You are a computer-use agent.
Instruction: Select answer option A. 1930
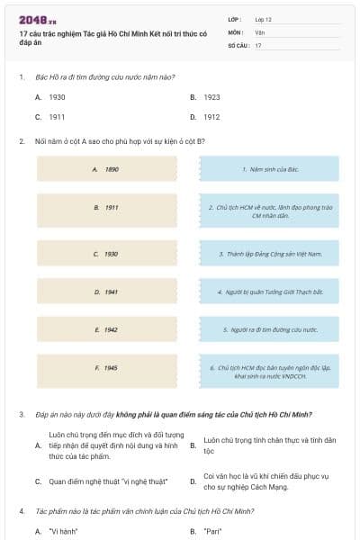coord(57,96)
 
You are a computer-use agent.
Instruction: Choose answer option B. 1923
coord(211,96)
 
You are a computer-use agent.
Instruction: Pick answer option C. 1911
coord(57,117)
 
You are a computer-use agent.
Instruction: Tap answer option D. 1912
coord(211,117)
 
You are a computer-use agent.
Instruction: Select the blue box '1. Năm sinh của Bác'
coord(269,169)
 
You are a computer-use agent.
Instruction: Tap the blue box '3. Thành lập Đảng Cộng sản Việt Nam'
coord(269,255)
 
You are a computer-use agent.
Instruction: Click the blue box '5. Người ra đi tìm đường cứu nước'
coord(269,330)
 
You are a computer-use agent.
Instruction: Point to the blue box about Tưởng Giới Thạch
coord(269,292)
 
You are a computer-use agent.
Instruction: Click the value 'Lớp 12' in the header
coord(265,19)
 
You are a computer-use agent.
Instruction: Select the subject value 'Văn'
coord(259,31)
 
